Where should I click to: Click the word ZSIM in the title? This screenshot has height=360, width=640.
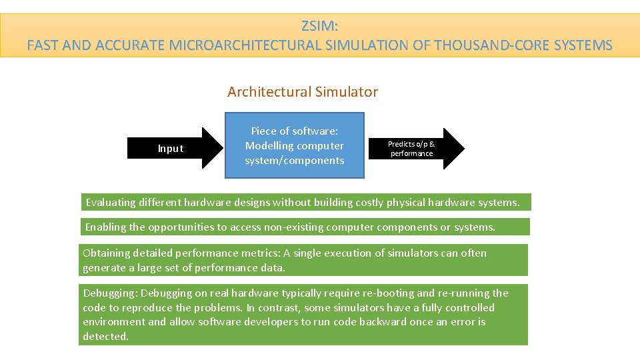(319, 27)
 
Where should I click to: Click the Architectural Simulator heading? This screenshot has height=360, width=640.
(303, 92)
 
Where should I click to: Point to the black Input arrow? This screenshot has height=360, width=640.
(175, 148)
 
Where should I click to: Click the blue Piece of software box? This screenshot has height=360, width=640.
(295, 145)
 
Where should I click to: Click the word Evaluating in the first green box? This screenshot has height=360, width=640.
(111, 202)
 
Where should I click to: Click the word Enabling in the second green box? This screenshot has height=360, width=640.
(105, 227)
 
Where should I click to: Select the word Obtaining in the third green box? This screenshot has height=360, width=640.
(107, 253)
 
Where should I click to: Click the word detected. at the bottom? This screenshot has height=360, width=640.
(105, 337)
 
